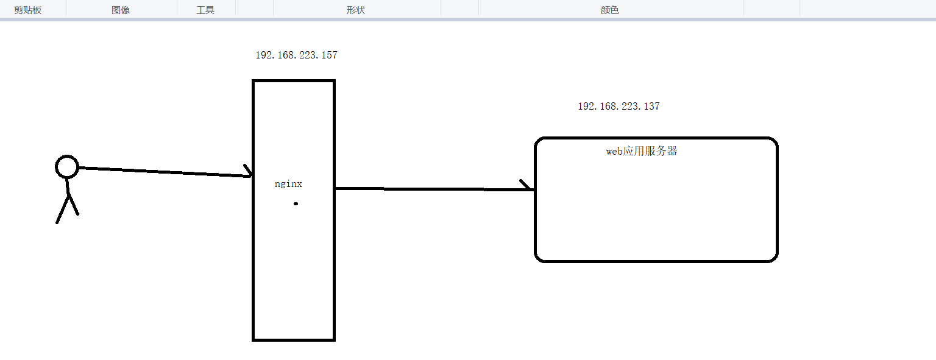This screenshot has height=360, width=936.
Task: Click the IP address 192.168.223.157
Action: tap(296, 55)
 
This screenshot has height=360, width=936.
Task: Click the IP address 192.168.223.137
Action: tap(619, 107)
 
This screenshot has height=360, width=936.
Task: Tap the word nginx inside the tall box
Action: tap(288, 184)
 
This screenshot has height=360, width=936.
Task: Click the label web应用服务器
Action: tap(641, 152)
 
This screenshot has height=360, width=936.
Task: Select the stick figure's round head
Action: tap(67, 166)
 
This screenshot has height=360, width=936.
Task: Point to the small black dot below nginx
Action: tap(296, 203)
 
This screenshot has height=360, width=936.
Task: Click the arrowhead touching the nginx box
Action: tap(249, 172)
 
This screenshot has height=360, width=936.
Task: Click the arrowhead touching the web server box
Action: tap(527, 186)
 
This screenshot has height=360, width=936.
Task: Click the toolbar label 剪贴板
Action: tap(28, 10)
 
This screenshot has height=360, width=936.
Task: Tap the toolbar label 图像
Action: tap(121, 10)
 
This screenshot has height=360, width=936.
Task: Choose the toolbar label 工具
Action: tap(205, 10)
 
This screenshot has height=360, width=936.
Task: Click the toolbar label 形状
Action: tap(355, 10)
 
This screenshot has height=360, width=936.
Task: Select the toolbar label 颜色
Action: tap(609, 10)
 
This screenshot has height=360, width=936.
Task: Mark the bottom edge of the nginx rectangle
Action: tap(294, 339)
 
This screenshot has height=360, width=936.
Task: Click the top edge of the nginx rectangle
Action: tap(294, 81)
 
